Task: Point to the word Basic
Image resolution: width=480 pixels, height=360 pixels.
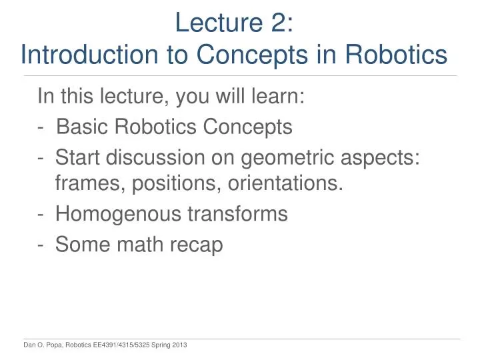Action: pos(82,127)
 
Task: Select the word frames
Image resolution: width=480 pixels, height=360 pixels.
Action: pos(87,183)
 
